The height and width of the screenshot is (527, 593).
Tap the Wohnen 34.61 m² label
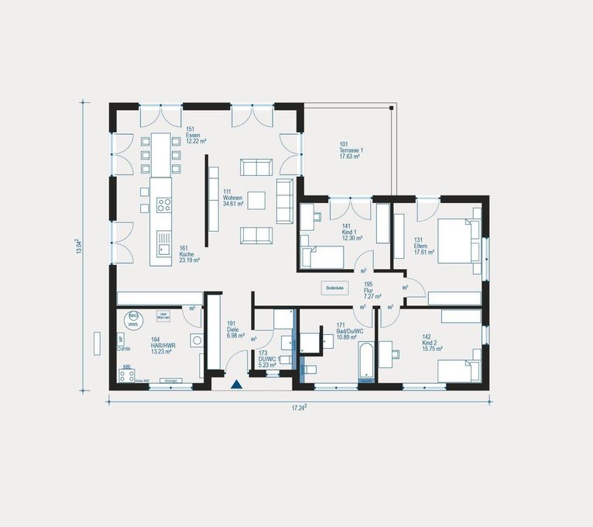click(x=233, y=198)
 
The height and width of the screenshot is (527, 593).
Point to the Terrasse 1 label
click(x=351, y=150)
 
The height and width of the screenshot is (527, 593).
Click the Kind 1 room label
click(x=353, y=231)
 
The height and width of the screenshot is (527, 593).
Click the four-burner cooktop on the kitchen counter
click(x=164, y=205)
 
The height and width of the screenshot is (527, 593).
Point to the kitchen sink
click(x=163, y=249)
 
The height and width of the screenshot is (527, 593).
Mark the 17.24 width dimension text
click(x=300, y=406)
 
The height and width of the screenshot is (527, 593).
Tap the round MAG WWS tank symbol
click(x=133, y=319)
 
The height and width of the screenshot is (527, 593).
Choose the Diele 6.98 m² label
click(x=235, y=331)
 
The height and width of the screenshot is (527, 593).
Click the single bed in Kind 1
click(x=324, y=257)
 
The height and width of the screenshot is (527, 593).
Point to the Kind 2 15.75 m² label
click(x=431, y=343)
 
